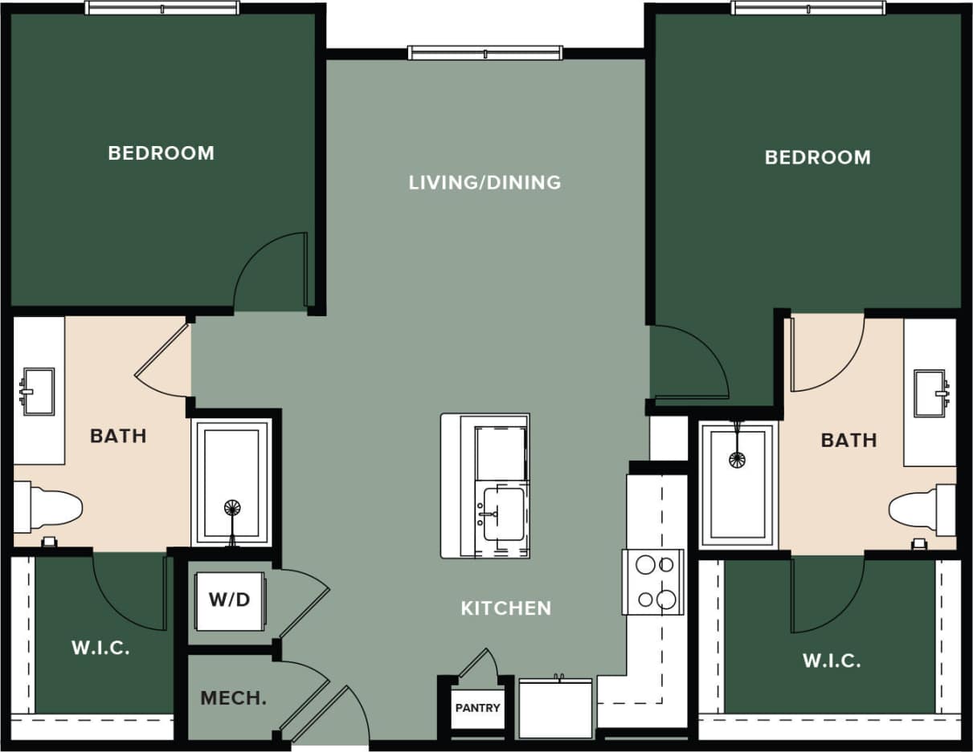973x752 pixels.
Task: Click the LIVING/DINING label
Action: pos(484,183)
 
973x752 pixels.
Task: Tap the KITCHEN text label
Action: pos(505,608)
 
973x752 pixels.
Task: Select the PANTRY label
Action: pos(477,708)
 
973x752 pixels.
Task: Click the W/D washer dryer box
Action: pos(230,600)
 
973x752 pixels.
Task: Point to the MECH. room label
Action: pos(233,698)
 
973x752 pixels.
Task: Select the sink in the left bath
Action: pos(38,391)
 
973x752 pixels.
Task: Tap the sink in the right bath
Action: pos(930,393)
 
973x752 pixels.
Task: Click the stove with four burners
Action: pos(653,582)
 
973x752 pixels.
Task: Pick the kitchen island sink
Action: pos(503,514)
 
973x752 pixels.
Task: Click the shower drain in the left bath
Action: pos(231,508)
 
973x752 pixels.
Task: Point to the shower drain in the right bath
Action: pos(737,460)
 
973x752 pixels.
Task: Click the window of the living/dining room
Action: pos(484,53)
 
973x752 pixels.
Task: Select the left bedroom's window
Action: pos(161,8)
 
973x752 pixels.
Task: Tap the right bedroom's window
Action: pos(807,8)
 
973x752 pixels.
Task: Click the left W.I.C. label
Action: pos(100,648)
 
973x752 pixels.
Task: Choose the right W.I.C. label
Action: pos(832,661)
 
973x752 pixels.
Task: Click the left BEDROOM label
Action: pos(161,152)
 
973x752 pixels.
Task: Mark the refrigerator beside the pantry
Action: pos(556,707)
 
